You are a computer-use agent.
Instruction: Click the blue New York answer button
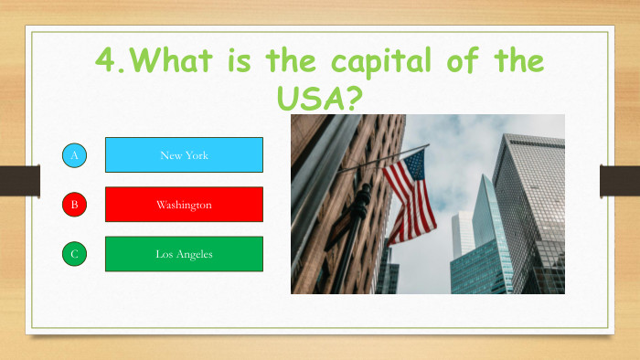184,155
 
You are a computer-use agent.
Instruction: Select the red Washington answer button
184,205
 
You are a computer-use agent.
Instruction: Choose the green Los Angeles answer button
184,254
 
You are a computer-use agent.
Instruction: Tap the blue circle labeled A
75,155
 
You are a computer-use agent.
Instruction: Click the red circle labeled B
75,205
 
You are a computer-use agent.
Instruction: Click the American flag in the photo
410,196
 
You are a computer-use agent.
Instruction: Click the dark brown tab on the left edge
19,180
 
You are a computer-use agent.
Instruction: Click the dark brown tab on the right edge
619,180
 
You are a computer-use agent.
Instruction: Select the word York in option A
197,155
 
